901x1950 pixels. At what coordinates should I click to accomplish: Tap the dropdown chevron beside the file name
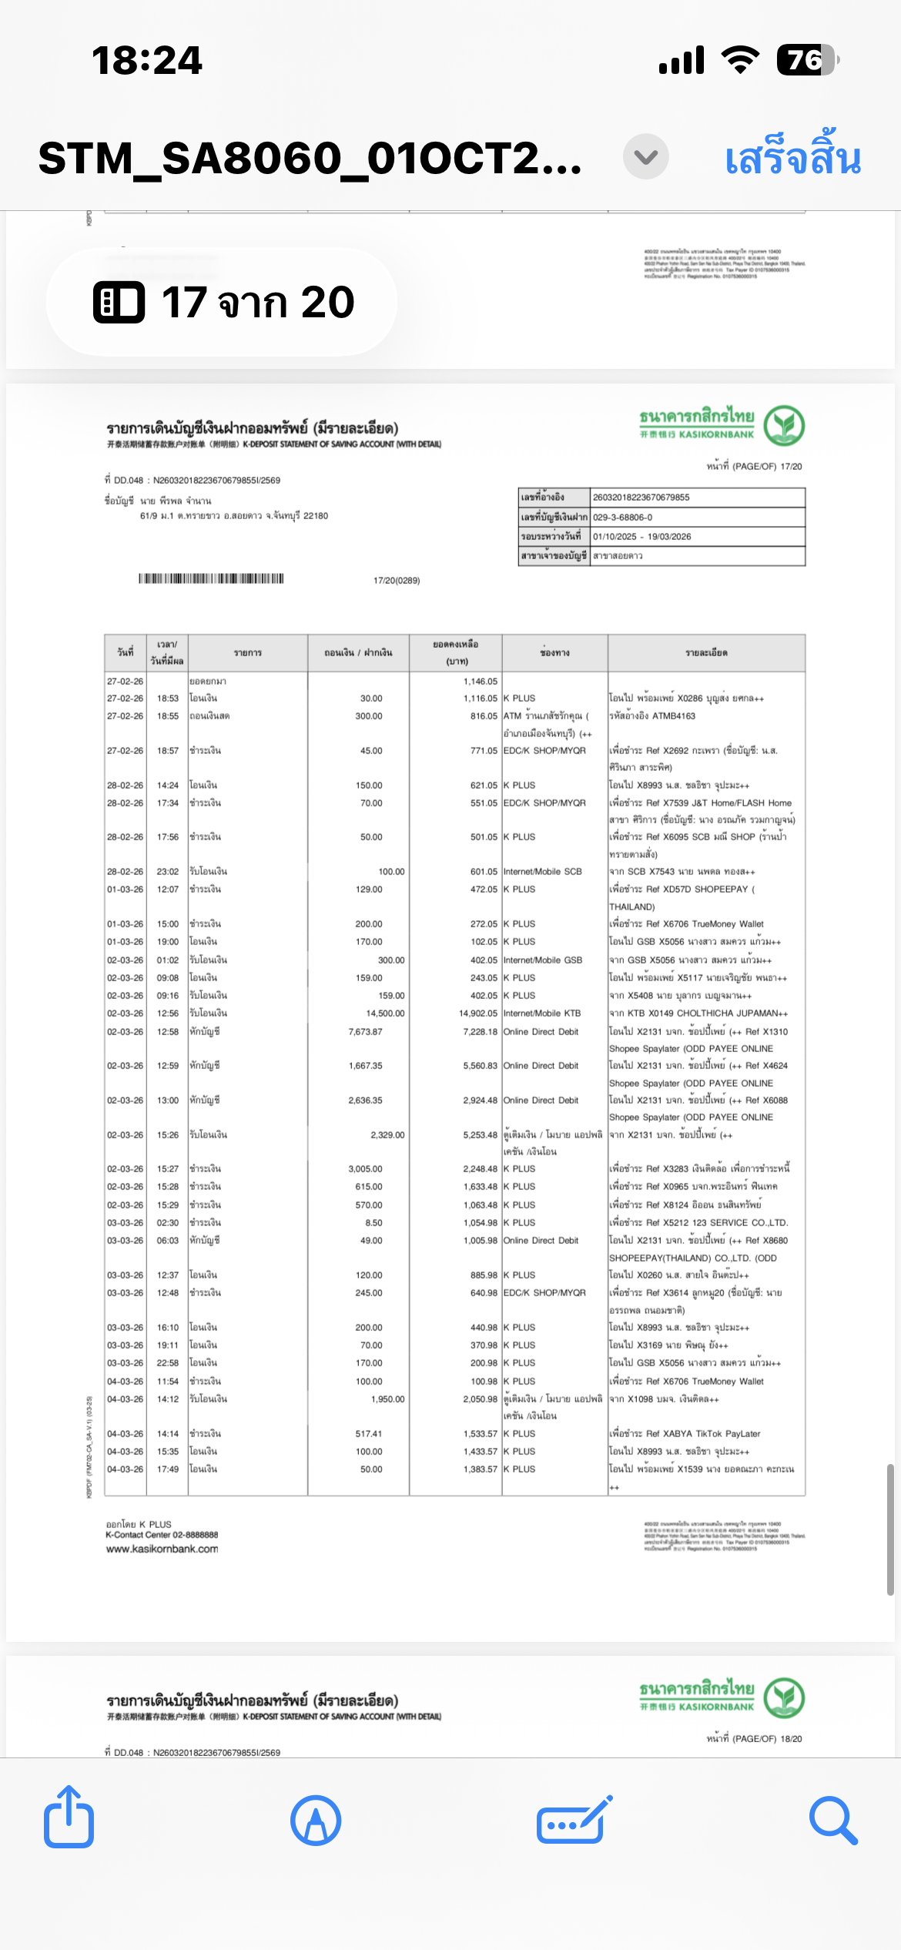point(645,157)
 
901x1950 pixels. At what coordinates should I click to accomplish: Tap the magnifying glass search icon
point(833,1821)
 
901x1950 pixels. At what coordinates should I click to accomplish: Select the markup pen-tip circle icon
point(316,1821)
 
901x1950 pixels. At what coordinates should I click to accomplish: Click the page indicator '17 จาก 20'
point(223,302)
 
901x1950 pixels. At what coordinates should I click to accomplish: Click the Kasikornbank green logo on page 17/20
point(784,426)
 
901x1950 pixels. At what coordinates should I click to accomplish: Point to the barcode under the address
point(211,578)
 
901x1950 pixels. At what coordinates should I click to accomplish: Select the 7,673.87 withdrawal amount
point(365,1031)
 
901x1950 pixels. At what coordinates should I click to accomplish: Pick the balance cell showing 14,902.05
point(478,1014)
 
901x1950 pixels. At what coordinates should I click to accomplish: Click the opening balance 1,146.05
point(481,682)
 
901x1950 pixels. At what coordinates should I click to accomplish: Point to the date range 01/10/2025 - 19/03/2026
point(641,537)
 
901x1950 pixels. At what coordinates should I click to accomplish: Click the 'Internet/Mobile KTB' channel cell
point(542,1014)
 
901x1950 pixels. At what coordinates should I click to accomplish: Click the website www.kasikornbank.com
point(162,1549)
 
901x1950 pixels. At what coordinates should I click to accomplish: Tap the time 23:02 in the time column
point(168,872)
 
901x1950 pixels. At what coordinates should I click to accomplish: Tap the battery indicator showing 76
point(806,60)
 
